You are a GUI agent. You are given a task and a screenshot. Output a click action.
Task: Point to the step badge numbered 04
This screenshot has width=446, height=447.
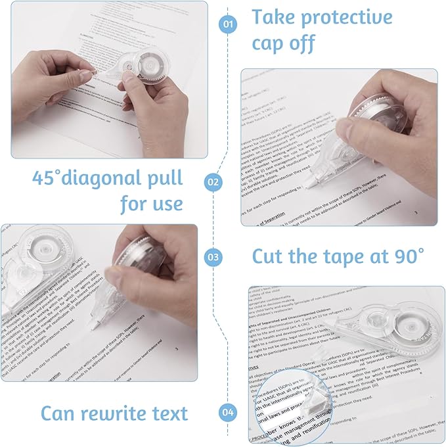(228, 413)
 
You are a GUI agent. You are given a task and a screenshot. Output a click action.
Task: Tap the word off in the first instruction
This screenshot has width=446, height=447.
(303, 43)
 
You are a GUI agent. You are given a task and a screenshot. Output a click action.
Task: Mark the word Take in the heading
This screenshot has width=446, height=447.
(275, 16)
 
